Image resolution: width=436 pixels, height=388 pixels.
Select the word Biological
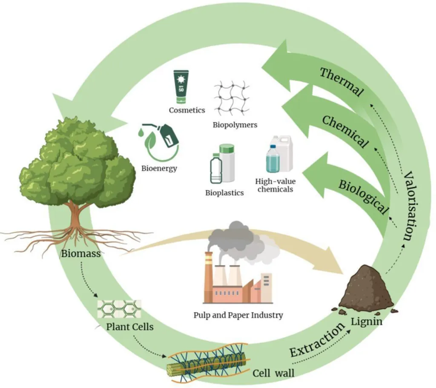click(363, 196)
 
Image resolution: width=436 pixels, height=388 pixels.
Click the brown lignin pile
click(366, 289)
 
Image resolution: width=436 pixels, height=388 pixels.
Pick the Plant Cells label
click(129, 328)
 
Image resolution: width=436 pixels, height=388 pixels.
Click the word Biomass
click(80, 254)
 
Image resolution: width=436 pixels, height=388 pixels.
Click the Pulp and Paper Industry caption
click(238, 316)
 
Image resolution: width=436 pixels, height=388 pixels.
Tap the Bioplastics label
click(224, 193)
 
